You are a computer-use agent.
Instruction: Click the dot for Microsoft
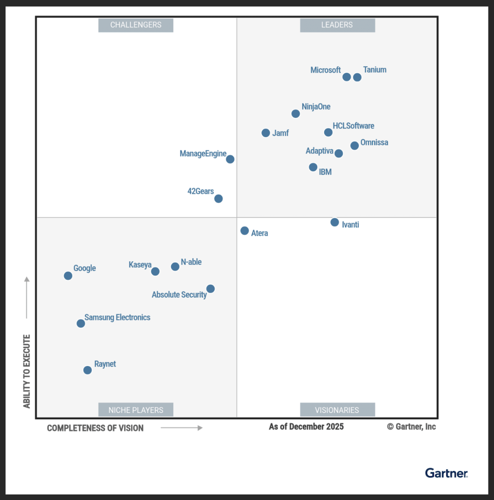(347, 77)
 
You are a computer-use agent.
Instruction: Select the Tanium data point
(357, 77)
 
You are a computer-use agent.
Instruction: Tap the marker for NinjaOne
(295, 114)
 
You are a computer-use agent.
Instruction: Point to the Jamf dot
(266, 133)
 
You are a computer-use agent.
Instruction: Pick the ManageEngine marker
(230, 159)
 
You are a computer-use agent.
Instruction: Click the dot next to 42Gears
(218, 198)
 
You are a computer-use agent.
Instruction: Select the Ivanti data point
(335, 222)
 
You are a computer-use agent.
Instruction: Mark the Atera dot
(245, 231)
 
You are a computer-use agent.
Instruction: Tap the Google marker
(68, 276)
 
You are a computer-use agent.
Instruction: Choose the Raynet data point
(87, 370)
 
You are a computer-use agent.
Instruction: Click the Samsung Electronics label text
(117, 317)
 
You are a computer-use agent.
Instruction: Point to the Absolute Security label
(179, 295)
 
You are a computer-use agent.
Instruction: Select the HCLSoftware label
(353, 126)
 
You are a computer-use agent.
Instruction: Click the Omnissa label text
(374, 142)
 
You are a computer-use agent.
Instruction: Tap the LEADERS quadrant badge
(337, 25)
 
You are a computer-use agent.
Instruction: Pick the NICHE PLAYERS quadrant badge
(136, 410)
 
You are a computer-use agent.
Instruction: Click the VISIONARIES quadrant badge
(337, 410)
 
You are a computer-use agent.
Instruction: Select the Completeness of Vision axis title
(95, 428)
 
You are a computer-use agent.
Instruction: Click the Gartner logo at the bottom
(446, 473)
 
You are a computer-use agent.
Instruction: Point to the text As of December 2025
(306, 427)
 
